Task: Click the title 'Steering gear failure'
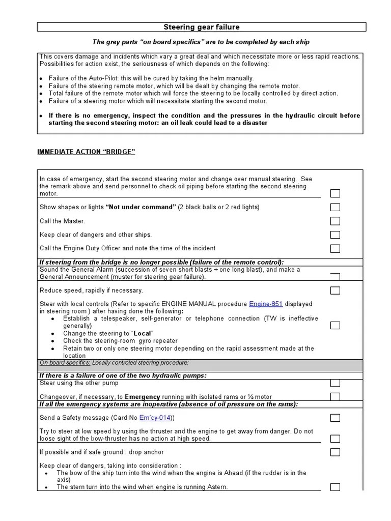(201, 27)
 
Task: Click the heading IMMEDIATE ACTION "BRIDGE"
(87, 152)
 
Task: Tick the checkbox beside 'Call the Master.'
(335, 221)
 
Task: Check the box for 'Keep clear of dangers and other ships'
(335, 235)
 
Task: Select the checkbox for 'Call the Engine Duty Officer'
(335, 248)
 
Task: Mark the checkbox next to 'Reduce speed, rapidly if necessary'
(335, 291)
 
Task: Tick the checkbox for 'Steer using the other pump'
(335, 383)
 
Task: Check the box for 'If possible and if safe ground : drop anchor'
(335, 452)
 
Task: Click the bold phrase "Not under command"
(141, 207)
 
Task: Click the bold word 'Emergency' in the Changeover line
(143, 397)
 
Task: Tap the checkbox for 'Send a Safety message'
(335, 418)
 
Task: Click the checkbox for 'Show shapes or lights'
(335, 207)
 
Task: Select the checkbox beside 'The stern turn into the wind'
(335, 487)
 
